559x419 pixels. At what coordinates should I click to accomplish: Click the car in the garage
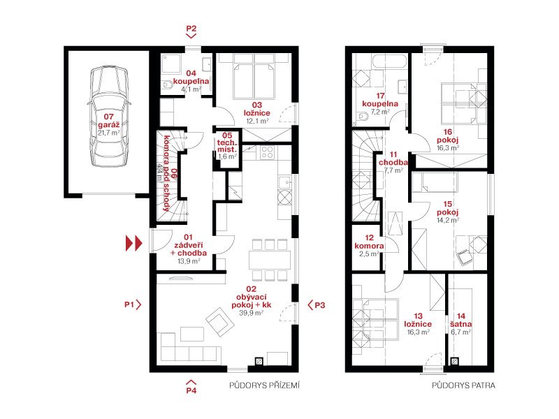coord(109,117)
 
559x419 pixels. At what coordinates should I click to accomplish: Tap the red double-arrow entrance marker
coord(133,243)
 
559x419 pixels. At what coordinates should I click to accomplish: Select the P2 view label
coord(191,29)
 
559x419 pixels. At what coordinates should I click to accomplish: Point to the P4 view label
coord(191,390)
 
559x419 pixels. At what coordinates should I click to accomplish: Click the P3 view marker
coord(317,305)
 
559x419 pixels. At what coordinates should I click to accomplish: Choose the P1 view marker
coord(133,304)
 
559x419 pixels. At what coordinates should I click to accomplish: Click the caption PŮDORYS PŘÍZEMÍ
coord(265,385)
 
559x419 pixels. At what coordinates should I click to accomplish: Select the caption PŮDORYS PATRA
coord(463,385)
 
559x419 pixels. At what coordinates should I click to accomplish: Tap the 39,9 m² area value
coord(252,313)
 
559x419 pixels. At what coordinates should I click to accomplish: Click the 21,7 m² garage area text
coord(109,133)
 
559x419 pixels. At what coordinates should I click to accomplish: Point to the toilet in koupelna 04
coord(167,84)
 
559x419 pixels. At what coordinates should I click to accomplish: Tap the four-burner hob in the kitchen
coord(268,152)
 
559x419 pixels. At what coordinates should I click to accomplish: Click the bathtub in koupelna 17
coord(389,61)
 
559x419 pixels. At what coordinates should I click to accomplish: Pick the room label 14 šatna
coord(461,321)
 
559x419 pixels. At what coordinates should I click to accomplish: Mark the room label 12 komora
coord(370,242)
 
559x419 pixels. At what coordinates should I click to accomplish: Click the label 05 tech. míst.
coord(227,142)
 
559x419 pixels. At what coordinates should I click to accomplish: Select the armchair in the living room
coord(219,323)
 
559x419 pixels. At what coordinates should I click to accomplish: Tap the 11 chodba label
coord(393,159)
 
